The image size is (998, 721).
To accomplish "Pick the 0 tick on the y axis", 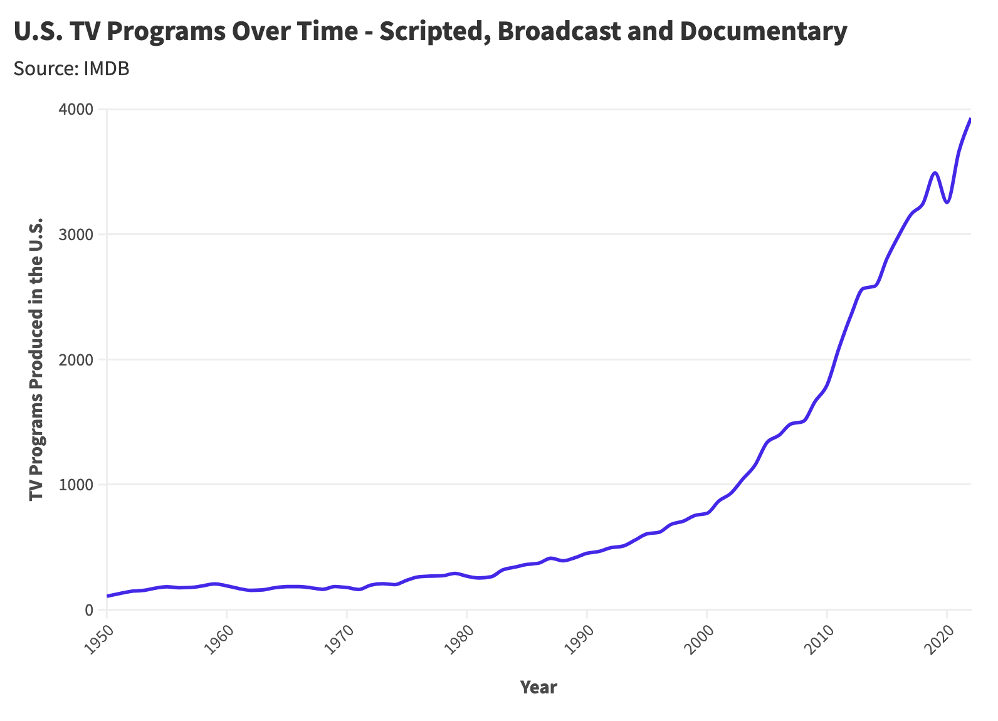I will coord(88,610).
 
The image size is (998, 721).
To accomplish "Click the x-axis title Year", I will coord(538,688).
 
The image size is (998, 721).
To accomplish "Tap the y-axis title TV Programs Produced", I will coord(36,359).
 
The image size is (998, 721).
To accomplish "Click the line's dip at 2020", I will coord(947,202).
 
